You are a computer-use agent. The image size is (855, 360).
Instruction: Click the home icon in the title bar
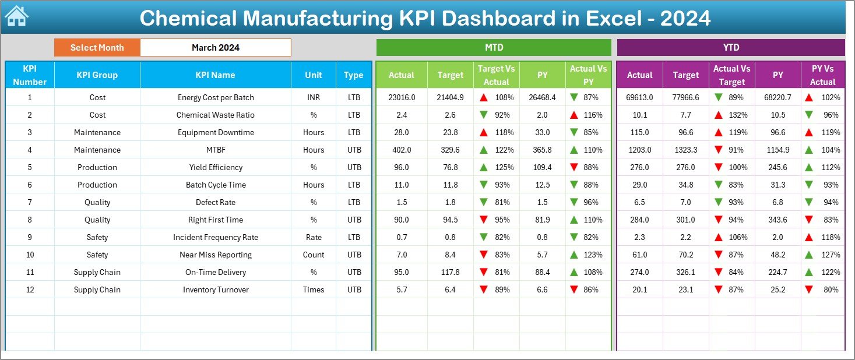pyautogui.click(x=16, y=17)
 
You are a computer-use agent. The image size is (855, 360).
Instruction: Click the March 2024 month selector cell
pyautogui.click(x=216, y=48)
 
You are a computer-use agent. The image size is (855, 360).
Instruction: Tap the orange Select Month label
pyautogui.click(x=97, y=48)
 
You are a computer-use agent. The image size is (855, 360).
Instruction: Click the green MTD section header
pyautogui.click(x=494, y=48)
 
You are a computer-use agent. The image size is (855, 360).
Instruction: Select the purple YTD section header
pyautogui.click(x=730, y=48)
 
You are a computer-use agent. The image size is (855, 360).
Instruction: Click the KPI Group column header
pyautogui.click(x=97, y=75)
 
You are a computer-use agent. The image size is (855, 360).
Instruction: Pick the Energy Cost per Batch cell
pyautogui.click(x=216, y=97)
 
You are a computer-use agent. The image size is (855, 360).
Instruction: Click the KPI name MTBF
pyautogui.click(x=216, y=150)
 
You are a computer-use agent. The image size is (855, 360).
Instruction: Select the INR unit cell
pyautogui.click(x=314, y=97)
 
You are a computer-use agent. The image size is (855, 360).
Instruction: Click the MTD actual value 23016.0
pyautogui.click(x=401, y=97)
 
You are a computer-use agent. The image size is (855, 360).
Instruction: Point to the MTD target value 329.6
pyautogui.click(x=450, y=150)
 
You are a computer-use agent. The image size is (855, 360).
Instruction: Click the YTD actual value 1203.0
pyautogui.click(x=639, y=150)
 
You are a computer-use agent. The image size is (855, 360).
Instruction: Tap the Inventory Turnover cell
pyautogui.click(x=216, y=290)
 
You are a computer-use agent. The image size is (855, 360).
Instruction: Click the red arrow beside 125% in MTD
pyautogui.click(x=484, y=167)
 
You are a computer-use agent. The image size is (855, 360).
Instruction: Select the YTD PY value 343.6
pyautogui.click(x=777, y=220)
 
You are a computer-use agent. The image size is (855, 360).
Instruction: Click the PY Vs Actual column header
pyautogui.click(x=822, y=75)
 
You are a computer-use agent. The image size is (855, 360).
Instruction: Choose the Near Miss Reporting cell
pyautogui.click(x=216, y=255)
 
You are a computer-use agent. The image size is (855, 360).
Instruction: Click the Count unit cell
pyautogui.click(x=314, y=255)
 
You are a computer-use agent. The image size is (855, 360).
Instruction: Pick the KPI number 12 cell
pyautogui.click(x=30, y=290)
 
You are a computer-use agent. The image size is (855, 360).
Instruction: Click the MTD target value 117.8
pyautogui.click(x=450, y=272)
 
